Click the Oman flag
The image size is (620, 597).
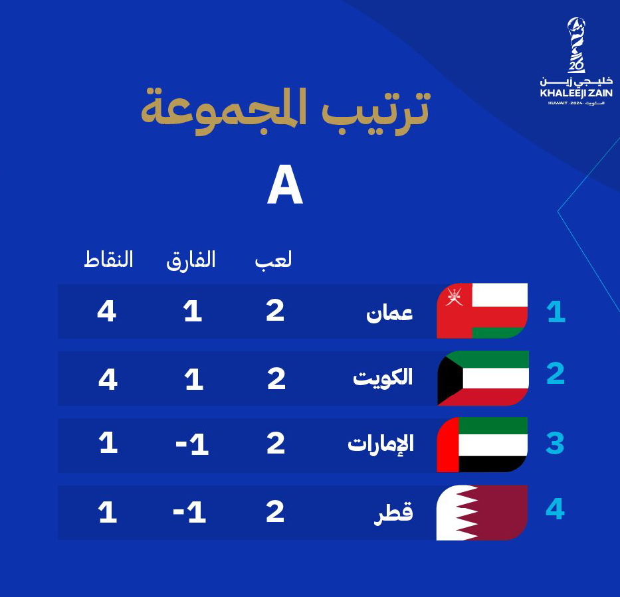click(x=482, y=311)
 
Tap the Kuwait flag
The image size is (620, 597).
click(x=483, y=378)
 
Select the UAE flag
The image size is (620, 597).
click(x=482, y=444)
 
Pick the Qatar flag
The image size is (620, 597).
click(x=482, y=513)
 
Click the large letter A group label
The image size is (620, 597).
click(x=284, y=185)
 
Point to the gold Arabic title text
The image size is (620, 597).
click(x=286, y=112)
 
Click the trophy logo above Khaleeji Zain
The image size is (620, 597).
click(x=576, y=45)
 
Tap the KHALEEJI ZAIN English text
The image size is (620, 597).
click(x=576, y=93)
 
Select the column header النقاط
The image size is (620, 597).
click(x=108, y=260)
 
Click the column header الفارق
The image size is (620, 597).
click(x=191, y=260)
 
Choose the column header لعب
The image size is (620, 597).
click(x=273, y=260)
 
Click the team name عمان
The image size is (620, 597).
click(x=389, y=313)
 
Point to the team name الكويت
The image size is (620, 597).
click(x=383, y=377)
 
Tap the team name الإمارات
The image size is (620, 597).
click(x=380, y=444)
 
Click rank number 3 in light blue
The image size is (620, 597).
click(x=555, y=444)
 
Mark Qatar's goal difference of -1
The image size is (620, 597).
click(x=189, y=513)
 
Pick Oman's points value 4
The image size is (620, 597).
click(x=107, y=311)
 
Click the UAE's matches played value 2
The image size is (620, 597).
click(x=276, y=444)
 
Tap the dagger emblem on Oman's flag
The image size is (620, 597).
click(x=455, y=297)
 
